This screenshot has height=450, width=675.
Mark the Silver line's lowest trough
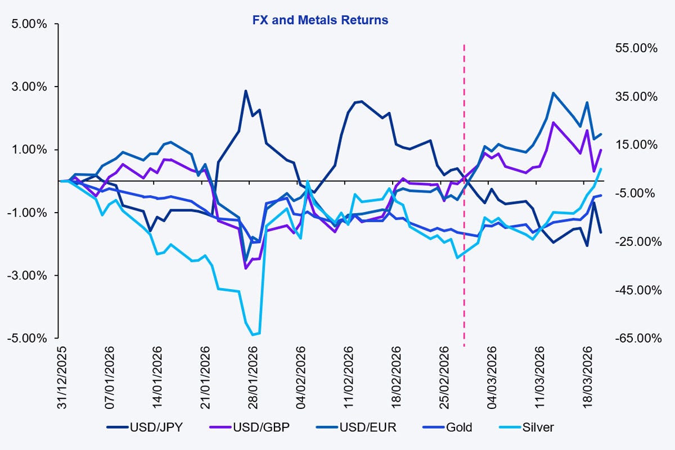tap(253, 335)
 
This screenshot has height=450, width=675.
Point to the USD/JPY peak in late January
tap(246, 91)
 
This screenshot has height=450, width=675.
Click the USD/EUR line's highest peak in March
tap(553, 93)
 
